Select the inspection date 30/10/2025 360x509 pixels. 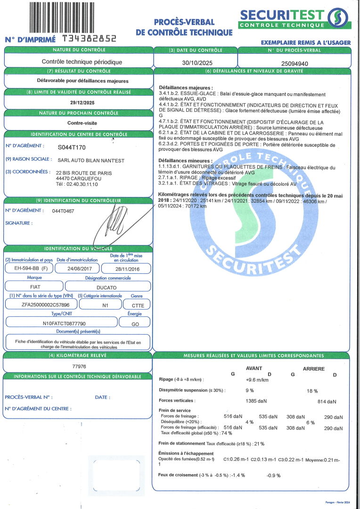195,62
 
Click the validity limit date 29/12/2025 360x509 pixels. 79,102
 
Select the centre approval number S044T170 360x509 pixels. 72,147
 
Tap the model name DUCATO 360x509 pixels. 107,286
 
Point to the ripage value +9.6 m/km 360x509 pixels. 257,379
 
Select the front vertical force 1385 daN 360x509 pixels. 256,401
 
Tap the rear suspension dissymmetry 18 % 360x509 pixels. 312,391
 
